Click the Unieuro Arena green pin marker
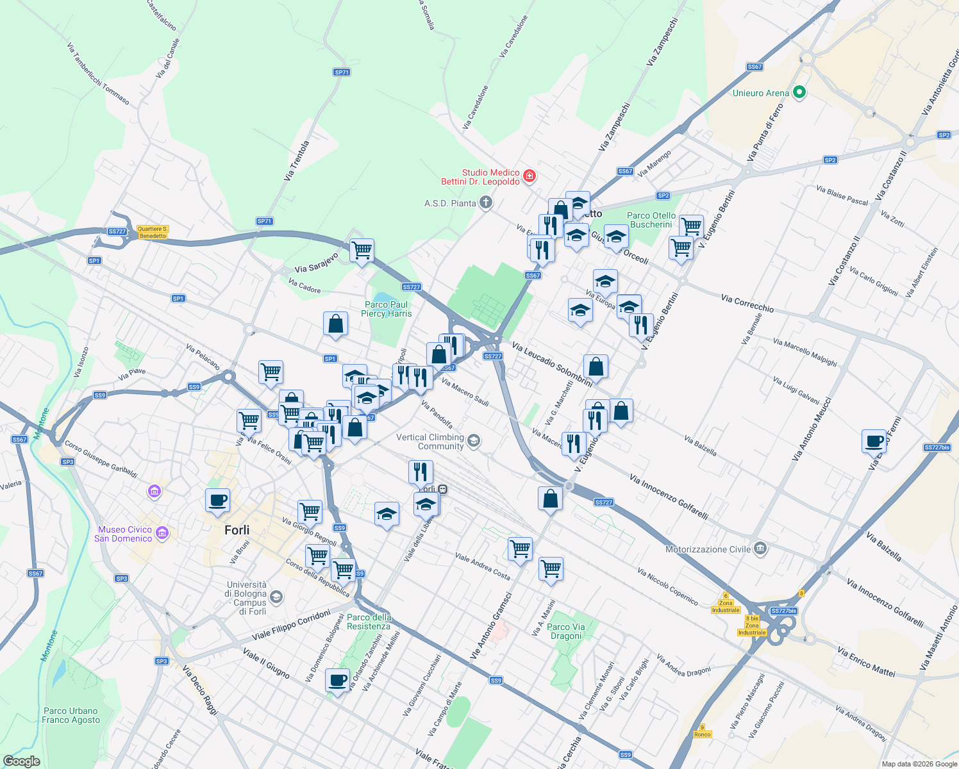[799, 93]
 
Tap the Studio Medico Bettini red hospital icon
[530, 176]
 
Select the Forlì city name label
[237, 530]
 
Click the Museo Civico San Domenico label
[123, 534]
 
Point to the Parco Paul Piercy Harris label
[386, 309]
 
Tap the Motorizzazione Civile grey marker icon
[760, 549]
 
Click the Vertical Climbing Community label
[430, 442]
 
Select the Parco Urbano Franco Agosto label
[71, 715]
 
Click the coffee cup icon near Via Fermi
[874, 441]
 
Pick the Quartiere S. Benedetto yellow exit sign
[153, 232]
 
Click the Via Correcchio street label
[747, 303]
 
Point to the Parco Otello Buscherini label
[651, 220]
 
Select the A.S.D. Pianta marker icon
[486, 203]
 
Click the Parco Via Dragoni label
[565, 631]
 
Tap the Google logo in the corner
[21, 761]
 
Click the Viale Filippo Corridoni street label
[291, 625]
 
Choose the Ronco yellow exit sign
[703, 731]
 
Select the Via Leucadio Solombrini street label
[551, 363]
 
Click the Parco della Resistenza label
[369, 622]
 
